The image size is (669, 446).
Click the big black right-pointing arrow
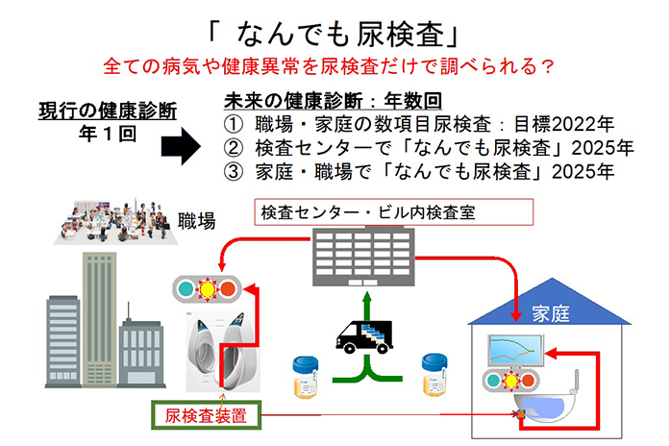click(181, 146)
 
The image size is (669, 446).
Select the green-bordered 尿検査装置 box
click(206, 415)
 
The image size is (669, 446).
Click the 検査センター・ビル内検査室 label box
click(393, 212)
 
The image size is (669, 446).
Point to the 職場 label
click(197, 221)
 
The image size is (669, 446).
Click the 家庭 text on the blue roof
click(551, 313)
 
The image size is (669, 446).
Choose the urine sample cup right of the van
click(434, 375)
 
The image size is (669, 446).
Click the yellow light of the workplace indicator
click(208, 289)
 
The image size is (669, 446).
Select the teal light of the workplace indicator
click(186, 289)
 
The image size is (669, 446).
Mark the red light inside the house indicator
click(528, 380)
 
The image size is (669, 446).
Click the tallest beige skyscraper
click(99, 320)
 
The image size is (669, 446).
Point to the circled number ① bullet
click(234, 124)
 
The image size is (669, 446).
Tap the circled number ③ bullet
click(234, 171)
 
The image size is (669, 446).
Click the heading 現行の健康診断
click(108, 111)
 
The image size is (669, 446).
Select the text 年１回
click(108, 134)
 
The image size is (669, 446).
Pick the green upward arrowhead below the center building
click(367, 297)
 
